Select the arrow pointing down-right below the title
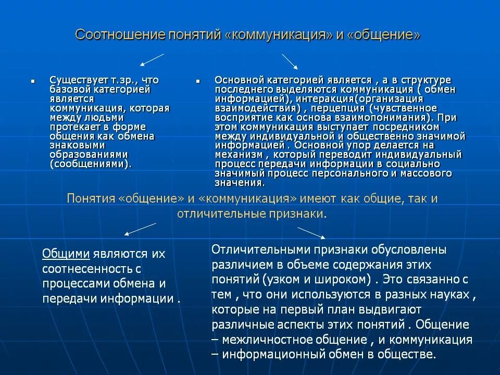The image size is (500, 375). coord(290,61)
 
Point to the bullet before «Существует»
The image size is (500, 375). coord(32,82)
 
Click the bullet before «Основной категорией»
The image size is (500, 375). coord(198,82)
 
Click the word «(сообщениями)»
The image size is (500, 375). coord(90,164)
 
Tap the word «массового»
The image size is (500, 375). coord(426,173)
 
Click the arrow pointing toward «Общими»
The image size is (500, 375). coord(139,229)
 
